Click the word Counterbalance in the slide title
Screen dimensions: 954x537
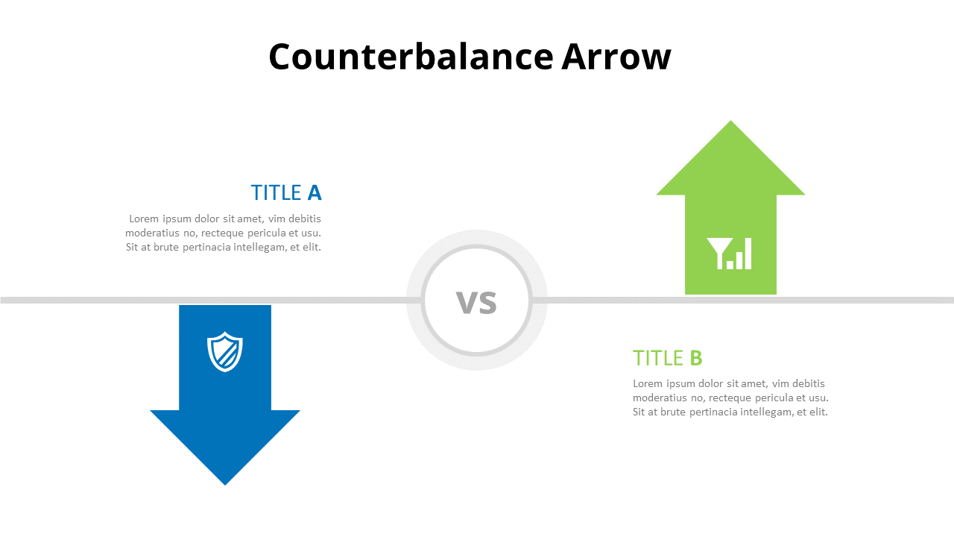(411, 57)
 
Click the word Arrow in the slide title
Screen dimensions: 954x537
(616, 57)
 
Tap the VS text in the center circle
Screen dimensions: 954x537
(476, 303)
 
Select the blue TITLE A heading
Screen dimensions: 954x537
(285, 192)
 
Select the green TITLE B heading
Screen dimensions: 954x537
(667, 358)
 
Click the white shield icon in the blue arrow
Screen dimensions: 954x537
(225, 351)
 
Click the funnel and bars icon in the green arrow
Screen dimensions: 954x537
(729, 254)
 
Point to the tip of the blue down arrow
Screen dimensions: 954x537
(225, 485)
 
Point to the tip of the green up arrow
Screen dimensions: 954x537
(731, 121)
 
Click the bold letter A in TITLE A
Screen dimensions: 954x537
(315, 192)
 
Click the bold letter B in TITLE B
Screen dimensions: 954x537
(696, 358)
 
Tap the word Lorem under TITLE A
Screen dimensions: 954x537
(144, 219)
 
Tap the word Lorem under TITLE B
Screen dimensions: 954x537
(648, 383)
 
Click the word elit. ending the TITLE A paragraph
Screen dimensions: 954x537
(312, 247)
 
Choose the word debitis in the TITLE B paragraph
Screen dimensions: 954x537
(809, 383)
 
